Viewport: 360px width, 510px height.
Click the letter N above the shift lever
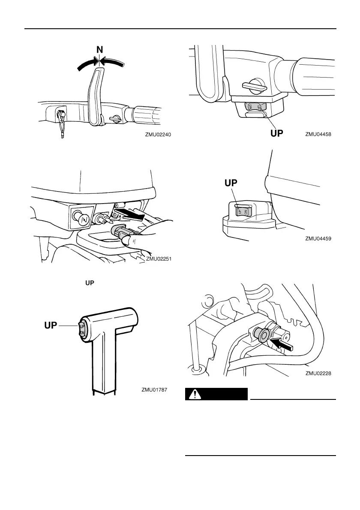tap(99, 50)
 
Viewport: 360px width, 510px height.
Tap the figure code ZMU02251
tap(159, 258)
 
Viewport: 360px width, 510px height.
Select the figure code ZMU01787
tap(154, 390)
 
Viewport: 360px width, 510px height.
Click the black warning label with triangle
tap(216, 394)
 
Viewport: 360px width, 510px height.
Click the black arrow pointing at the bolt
tap(283, 343)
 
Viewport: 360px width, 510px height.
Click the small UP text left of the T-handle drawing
tap(89, 284)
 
